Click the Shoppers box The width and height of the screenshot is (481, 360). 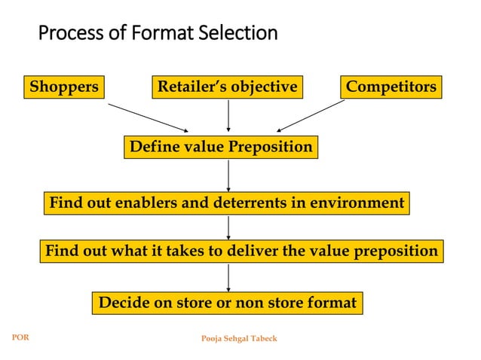click(x=64, y=87)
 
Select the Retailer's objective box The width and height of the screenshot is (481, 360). click(x=228, y=87)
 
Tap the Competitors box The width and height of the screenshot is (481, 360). click(x=391, y=87)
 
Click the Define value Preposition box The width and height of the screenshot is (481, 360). click(x=221, y=147)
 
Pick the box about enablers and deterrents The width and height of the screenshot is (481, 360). click(x=227, y=203)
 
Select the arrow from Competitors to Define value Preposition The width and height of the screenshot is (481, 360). click(x=311, y=116)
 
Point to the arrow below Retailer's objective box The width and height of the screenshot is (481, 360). click(x=228, y=115)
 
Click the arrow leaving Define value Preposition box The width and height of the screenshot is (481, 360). click(x=228, y=175)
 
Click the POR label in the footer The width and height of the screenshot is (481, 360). click(x=20, y=337)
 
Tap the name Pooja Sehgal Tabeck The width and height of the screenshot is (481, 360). click(x=239, y=338)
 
